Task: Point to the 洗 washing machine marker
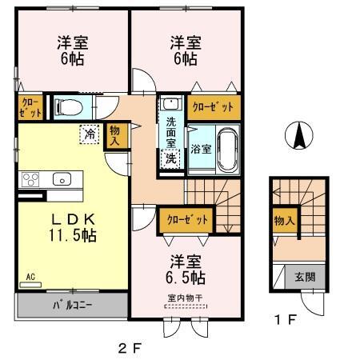pyautogui.click(x=171, y=158)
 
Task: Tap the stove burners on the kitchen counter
pyautogui.click(x=30, y=178)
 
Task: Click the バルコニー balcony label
pyautogui.click(x=70, y=305)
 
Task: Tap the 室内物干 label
pyautogui.click(x=186, y=297)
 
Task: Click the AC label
pyautogui.click(x=30, y=278)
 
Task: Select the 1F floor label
pyautogui.click(x=286, y=320)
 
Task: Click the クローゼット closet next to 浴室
pyautogui.click(x=213, y=106)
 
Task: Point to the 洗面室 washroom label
pyautogui.click(x=171, y=131)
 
